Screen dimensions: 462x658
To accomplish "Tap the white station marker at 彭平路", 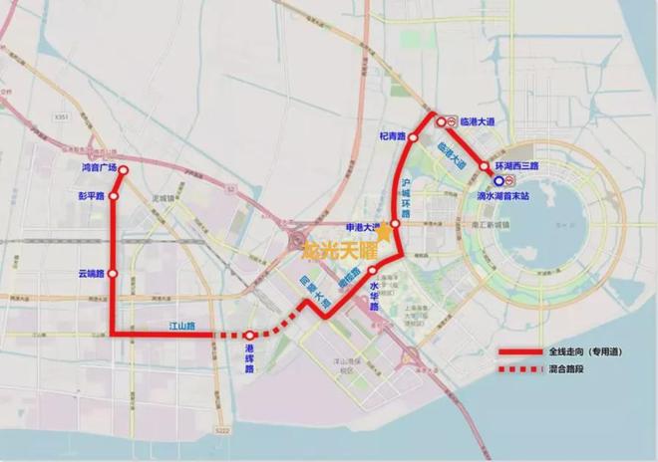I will [114, 196].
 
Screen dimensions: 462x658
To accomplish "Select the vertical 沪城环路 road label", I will [406, 195].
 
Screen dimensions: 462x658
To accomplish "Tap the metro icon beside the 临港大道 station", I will [452, 121].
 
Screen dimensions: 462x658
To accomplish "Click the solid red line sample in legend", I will [520, 353].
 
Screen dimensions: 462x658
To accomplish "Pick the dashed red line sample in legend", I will [520, 369].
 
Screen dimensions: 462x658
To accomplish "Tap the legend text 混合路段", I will [565, 369].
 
